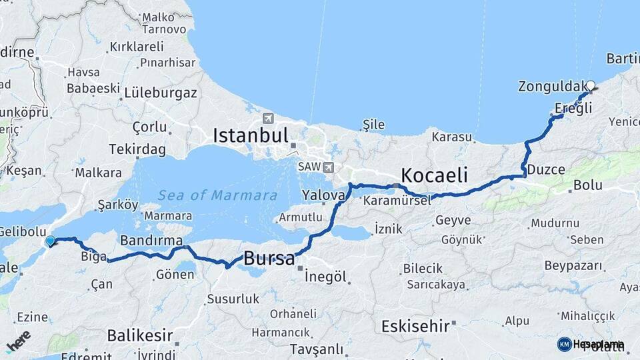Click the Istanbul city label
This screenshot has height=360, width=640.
[250, 135]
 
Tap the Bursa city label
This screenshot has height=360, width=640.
[269, 259]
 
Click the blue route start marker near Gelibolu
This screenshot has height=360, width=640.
[50, 241]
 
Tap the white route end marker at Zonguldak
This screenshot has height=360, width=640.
[590, 85]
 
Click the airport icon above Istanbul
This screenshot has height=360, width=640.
[268, 119]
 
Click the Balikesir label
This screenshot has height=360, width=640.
[140, 335]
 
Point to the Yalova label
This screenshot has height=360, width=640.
[323, 195]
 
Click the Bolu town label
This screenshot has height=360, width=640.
[587, 185]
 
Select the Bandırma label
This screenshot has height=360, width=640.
[151, 239]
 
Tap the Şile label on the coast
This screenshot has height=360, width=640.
[373, 125]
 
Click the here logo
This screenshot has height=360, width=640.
[18, 341]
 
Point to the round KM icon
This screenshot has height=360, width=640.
[564, 344]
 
